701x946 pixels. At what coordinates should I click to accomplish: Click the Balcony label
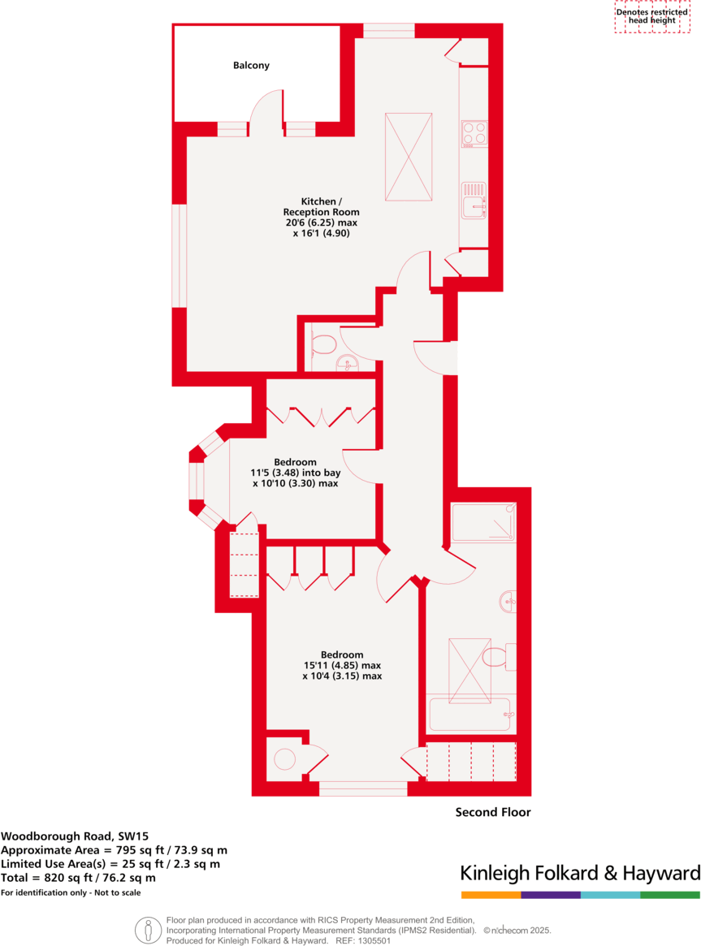(251, 65)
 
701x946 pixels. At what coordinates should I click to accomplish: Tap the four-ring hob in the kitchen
(474, 133)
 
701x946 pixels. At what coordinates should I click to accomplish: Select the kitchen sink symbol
(474, 201)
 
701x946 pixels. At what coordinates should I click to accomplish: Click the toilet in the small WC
(323, 344)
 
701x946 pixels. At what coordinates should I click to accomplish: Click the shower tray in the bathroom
(482, 523)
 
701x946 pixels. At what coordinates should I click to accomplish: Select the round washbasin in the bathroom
(508, 602)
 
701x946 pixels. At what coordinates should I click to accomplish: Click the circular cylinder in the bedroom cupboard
(284, 759)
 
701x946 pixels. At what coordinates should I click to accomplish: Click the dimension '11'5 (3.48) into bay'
(295, 472)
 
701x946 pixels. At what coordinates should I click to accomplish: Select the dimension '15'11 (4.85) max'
(341, 665)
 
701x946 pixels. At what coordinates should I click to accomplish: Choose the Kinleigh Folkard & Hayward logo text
(580, 874)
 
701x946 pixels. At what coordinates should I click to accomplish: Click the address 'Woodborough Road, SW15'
(75, 835)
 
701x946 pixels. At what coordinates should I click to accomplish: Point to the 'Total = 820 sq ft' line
(78, 878)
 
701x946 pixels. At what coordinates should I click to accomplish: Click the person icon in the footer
(147, 930)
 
